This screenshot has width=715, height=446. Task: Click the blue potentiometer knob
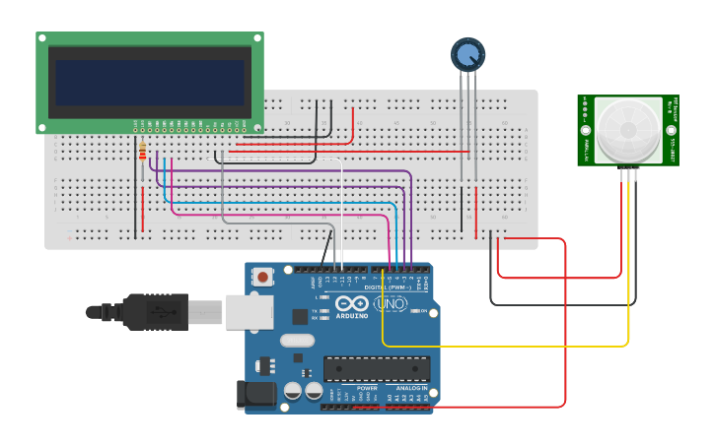click(467, 54)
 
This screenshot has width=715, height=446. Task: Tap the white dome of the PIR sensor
click(627, 130)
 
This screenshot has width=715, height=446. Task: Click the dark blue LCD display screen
click(150, 83)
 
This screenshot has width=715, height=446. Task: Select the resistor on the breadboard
click(143, 152)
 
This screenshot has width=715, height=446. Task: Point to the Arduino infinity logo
click(352, 304)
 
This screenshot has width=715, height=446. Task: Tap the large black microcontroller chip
click(376, 368)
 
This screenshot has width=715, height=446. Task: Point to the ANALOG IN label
click(412, 388)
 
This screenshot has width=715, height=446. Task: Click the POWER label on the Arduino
click(367, 388)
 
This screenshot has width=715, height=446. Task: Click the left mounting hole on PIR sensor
click(586, 130)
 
